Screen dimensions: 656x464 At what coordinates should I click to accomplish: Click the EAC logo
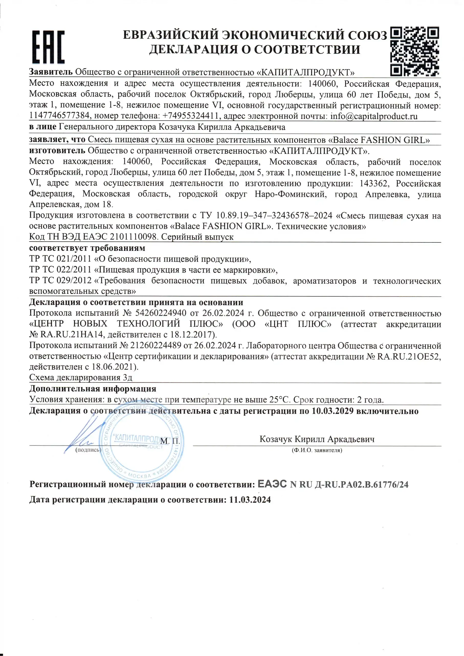point(48,47)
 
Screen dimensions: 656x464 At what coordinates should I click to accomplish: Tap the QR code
point(414,51)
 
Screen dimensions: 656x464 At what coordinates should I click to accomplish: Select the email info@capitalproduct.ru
point(374,116)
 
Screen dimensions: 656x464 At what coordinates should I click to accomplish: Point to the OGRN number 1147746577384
point(60,116)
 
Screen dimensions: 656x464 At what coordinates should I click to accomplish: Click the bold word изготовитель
point(57,151)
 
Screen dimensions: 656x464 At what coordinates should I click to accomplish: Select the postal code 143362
point(373,183)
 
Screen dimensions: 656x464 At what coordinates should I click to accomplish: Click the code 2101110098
point(134,237)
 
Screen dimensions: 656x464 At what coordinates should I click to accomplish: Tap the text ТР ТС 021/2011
point(60,259)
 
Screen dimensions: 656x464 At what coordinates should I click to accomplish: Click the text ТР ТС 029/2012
point(60,281)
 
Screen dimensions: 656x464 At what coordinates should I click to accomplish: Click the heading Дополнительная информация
point(93,389)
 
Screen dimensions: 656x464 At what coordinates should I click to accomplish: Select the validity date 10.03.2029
point(332,411)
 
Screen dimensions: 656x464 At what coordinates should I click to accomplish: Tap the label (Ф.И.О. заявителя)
point(317,450)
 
